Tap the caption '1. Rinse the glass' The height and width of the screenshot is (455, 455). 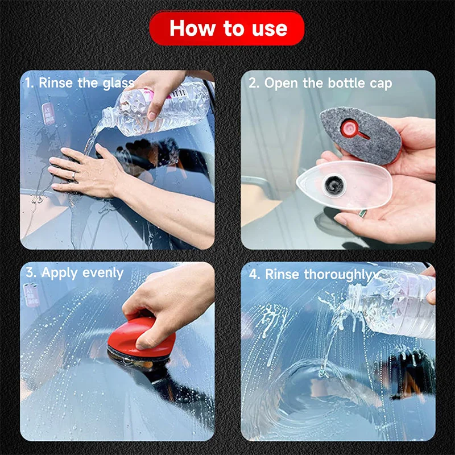pyautogui.click(x=80, y=82)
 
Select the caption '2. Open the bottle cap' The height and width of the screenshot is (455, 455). pyautogui.click(x=320, y=83)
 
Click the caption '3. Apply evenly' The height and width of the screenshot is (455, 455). pyautogui.click(x=75, y=272)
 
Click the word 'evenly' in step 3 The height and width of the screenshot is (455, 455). pyautogui.click(x=102, y=272)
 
